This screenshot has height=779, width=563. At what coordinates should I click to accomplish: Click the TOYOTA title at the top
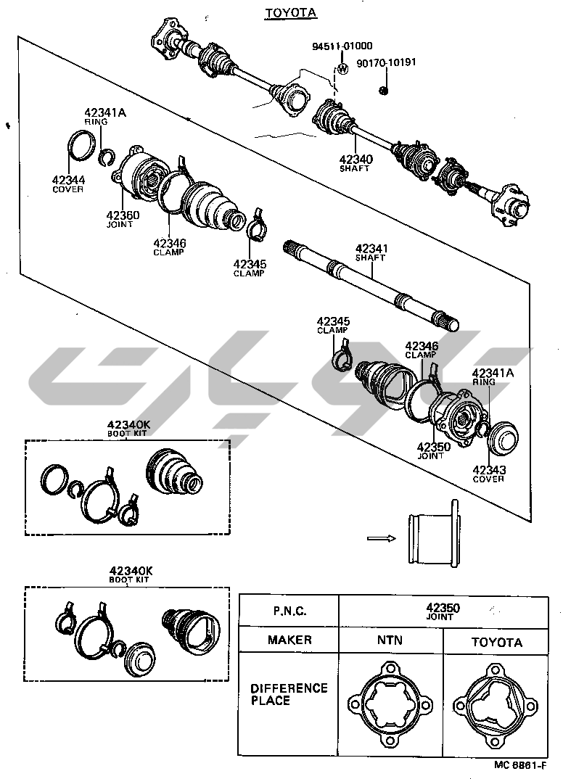click(x=281, y=12)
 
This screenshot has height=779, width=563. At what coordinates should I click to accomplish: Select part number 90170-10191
click(x=386, y=62)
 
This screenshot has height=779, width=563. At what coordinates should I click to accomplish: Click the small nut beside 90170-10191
click(x=383, y=90)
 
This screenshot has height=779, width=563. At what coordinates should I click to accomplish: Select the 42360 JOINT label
click(x=123, y=219)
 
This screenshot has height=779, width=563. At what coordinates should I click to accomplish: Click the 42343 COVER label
click(x=488, y=474)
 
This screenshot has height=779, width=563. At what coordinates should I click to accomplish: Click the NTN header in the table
click(x=389, y=640)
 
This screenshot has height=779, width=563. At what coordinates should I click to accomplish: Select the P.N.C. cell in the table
click(x=289, y=611)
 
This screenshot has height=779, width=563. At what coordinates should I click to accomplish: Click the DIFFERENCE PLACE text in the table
click(x=289, y=694)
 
